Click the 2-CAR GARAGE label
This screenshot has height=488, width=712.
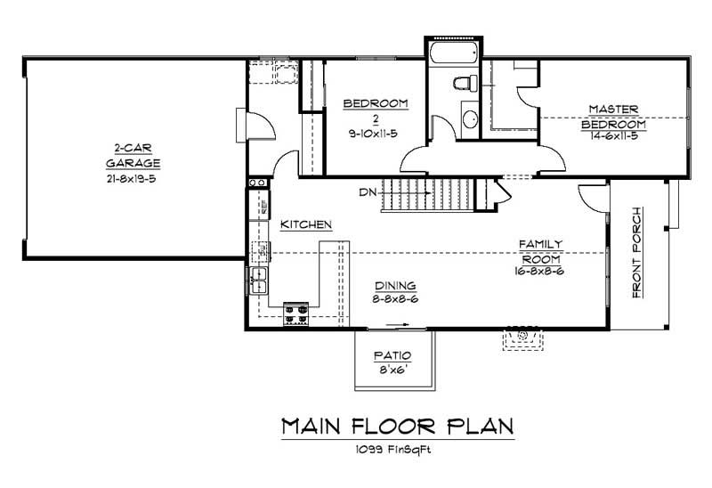(x=133, y=156)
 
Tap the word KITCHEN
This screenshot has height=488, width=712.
(x=307, y=224)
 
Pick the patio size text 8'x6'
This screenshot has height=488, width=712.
(x=392, y=368)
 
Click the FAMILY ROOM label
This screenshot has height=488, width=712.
(x=541, y=249)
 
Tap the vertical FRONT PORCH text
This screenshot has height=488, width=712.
(x=637, y=253)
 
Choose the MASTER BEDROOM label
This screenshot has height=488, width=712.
(x=613, y=117)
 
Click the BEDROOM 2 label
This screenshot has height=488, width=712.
(x=376, y=111)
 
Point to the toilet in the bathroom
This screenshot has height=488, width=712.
(x=461, y=85)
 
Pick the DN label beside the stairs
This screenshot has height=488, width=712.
(x=368, y=192)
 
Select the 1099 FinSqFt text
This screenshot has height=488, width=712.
(x=397, y=449)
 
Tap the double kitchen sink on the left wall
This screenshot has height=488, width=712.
(x=261, y=280)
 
